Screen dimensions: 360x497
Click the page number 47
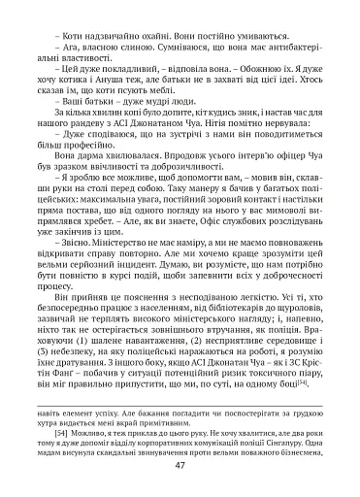180,464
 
